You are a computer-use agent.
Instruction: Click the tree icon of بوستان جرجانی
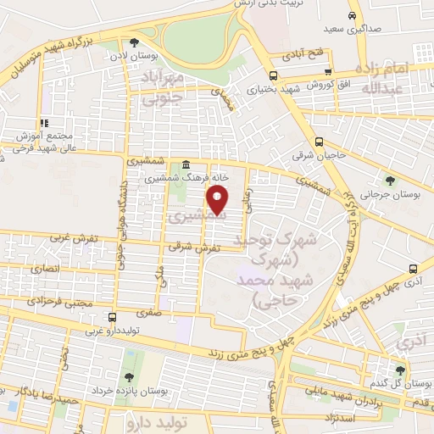coord(389,179)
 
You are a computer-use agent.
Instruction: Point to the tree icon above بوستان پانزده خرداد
coord(129,376)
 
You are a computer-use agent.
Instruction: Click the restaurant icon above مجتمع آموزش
coord(43,123)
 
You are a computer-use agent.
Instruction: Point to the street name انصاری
coord(47,268)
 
